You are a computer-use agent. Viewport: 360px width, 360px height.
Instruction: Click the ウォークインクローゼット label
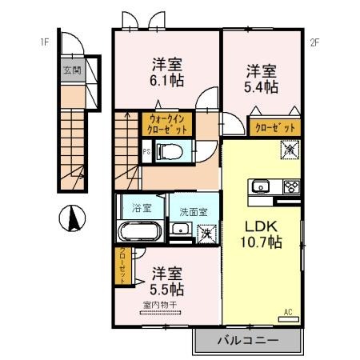click(167, 125)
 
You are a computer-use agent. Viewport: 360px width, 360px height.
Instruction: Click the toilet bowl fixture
click(169, 150)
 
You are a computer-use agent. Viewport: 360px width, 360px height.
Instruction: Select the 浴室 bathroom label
click(142, 207)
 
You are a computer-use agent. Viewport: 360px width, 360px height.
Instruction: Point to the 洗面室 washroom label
click(193, 213)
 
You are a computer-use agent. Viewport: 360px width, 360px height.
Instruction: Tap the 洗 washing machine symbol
click(206, 234)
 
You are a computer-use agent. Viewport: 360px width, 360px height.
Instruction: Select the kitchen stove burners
click(290, 188)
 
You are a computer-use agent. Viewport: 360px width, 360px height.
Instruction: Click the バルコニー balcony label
click(247, 341)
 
